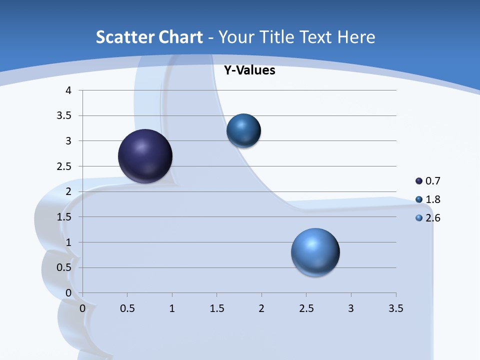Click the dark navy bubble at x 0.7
145,156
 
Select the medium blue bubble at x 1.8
243,130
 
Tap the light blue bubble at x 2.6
315,252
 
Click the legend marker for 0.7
419,181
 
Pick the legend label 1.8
433,199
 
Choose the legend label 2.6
433,218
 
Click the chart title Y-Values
249,70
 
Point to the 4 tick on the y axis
69,90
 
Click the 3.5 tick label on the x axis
395,308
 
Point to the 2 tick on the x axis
261,308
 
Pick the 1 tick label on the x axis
172,308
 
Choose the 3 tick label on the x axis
351,308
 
